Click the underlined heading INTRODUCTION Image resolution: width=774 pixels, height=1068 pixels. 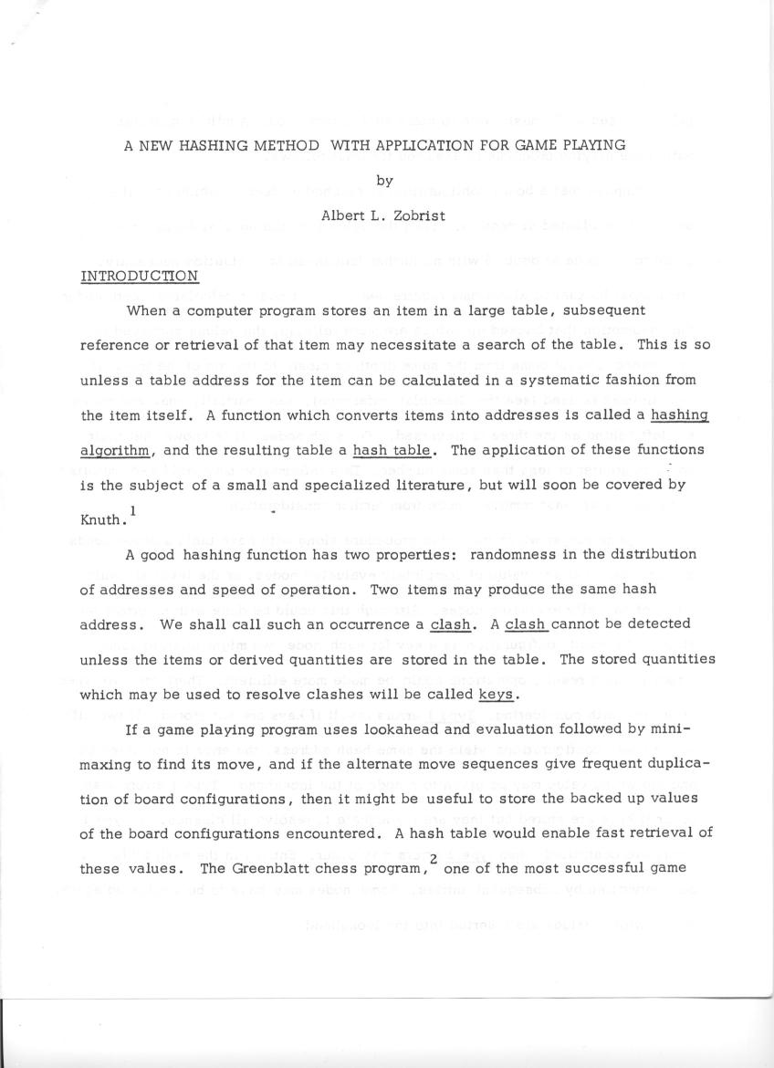[139, 276]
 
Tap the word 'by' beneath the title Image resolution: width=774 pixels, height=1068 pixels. [385, 181]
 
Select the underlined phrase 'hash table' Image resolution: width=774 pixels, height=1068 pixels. [395, 449]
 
